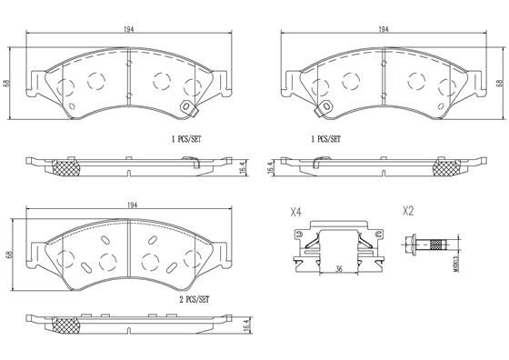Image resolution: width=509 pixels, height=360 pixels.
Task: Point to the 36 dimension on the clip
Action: click(337, 268)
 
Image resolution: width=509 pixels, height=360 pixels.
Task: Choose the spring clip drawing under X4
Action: click(337, 246)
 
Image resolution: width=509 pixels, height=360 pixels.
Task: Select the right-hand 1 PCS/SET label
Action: click(326, 141)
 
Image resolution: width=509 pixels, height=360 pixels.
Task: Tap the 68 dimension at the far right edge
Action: click(499, 83)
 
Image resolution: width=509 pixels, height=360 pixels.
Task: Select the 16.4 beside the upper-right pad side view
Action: click(270, 167)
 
